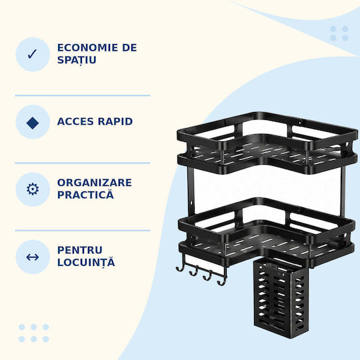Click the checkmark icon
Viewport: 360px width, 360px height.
(x=33, y=54)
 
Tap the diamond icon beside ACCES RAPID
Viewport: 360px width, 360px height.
(x=33, y=123)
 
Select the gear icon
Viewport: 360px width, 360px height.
(x=33, y=189)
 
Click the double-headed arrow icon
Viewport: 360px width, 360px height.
(x=33, y=257)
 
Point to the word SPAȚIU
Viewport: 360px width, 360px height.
(x=77, y=61)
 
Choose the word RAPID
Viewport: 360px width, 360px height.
(x=115, y=121)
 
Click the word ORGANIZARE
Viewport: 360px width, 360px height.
(x=95, y=183)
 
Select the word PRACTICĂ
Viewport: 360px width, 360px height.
(x=85, y=194)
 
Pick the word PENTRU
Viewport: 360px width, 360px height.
(x=80, y=250)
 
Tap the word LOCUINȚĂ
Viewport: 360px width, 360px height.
(x=86, y=262)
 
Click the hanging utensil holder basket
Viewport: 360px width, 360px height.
(x=281, y=298)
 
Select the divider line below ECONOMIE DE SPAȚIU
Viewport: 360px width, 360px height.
(x=83, y=95)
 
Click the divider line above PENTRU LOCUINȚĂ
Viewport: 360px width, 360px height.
(x=83, y=230)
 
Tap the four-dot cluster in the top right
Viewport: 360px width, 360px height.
(x=339, y=33)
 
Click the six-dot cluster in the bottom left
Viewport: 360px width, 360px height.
(x=34, y=333)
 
